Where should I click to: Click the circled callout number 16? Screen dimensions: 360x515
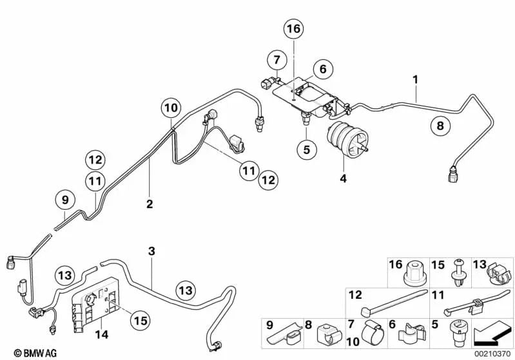294,29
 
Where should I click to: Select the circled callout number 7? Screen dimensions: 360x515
275,61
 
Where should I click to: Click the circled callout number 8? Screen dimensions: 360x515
440,126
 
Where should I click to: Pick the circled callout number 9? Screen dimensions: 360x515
64,201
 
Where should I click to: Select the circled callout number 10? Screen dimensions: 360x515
170,108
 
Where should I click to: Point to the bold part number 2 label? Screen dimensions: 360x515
150,204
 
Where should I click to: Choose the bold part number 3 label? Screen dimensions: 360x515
151,251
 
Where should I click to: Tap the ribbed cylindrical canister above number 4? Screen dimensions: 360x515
349,138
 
